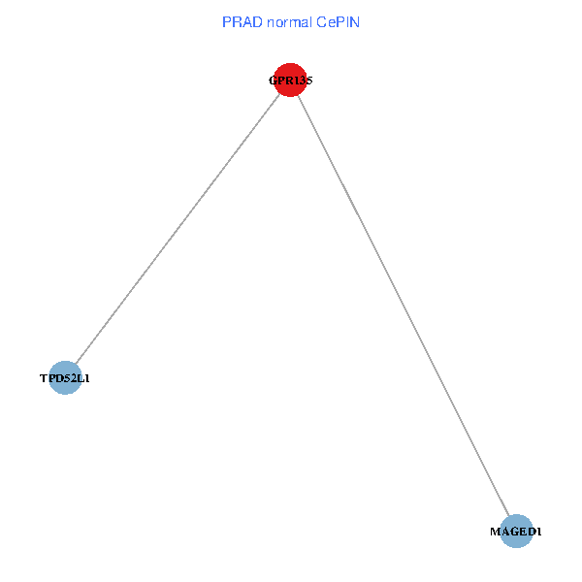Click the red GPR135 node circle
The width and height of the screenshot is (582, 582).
[x=290, y=81]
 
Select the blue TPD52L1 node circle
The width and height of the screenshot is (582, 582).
[x=65, y=378]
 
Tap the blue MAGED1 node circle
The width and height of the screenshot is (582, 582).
[x=517, y=532]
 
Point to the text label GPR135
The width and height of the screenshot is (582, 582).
[x=290, y=81]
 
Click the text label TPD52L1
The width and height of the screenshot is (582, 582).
[x=65, y=378]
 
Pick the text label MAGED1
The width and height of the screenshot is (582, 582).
[x=516, y=532]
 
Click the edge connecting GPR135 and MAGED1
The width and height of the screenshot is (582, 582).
[x=404, y=306]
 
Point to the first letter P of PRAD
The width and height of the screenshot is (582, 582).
[x=227, y=21]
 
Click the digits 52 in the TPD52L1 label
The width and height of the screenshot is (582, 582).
[x=69, y=378]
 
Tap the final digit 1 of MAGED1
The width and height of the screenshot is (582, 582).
[x=539, y=532]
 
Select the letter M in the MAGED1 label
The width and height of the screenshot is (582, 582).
[x=495, y=532]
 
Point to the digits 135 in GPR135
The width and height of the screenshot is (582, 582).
[x=302, y=81]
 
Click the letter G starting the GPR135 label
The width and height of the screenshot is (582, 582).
[x=273, y=81]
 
